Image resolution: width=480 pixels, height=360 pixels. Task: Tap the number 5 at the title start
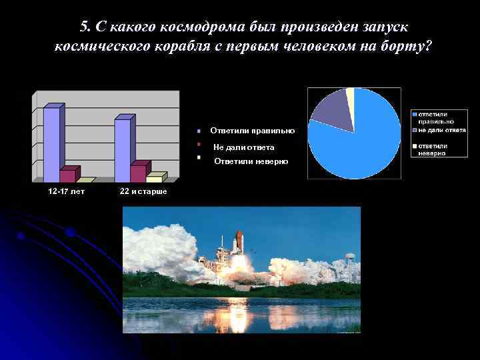[x=84, y=27]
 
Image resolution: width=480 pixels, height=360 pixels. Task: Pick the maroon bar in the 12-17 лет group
[x=68, y=175]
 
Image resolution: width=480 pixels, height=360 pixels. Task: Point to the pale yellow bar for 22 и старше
[x=154, y=177]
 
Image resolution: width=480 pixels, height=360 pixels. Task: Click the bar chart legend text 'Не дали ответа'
[x=243, y=147]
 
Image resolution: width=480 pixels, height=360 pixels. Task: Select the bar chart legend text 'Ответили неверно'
[x=251, y=162]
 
